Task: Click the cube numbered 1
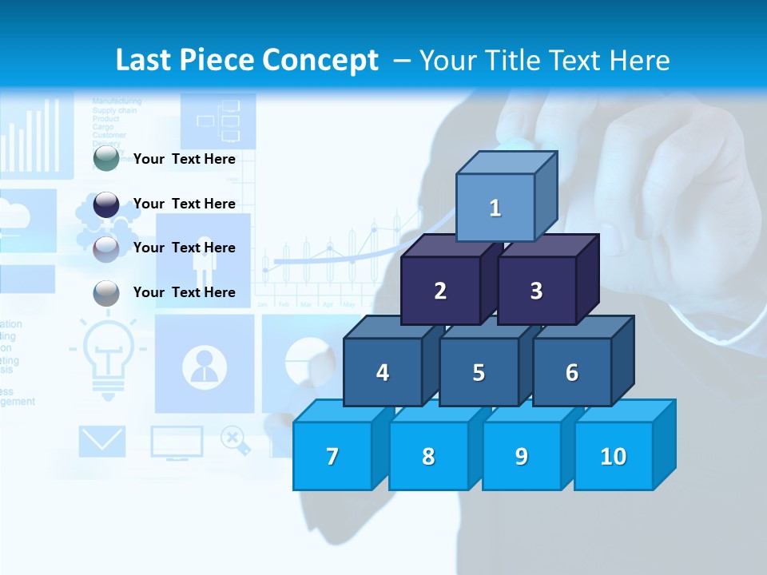pyautogui.click(x=495, y=208)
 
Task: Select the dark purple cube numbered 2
pyautogui.click(x=440, y=291)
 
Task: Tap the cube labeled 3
pyautogui.click(x=536, y=291)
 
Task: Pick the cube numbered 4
pyautogui.click(x=383, y=372)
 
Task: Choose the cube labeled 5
pyautogui.click(x=479, y=372)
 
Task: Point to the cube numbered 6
pyautogui.click(x=572, y=372)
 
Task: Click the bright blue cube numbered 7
pyautogui.click(x=332, y=456)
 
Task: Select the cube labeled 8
pyautogui.click(x=428, y=456)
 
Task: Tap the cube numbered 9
pyautogui.click(x=522, y=456)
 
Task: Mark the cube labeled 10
pyautogui.click(x=614, y=456)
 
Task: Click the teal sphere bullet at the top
pyautogui.click(x=106, y=159)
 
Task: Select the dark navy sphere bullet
pyautogui.click(x=106, y=204)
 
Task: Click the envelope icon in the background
pyautogui.click(x=102, y=441)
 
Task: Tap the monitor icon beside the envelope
pyautogui.click(x=177, y=442)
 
